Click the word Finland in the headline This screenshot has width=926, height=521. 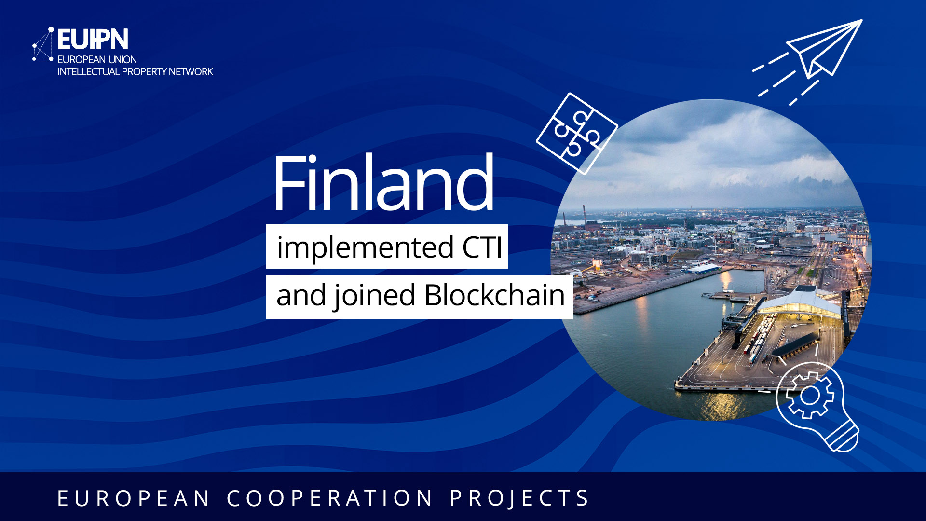click(x=383, y=183)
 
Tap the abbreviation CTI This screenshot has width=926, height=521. click(x=482, y=247)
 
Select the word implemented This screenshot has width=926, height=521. click(x=365, y=247)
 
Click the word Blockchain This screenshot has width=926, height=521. click(x=494, y=295)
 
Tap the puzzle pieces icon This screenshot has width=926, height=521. click(x=577, y=133)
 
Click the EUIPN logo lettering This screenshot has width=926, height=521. click(x=93, y=40)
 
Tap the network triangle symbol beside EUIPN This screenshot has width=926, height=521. click(x=43, y=46)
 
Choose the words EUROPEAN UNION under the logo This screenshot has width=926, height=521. click(x=97, y=59)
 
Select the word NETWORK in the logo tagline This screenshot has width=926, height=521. click(x=191, y=71)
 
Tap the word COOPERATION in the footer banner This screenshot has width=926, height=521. click(x=330, y=498)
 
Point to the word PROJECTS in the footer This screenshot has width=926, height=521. click(x=519, y=498)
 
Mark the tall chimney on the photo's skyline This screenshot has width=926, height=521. click(x=584, y=214)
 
